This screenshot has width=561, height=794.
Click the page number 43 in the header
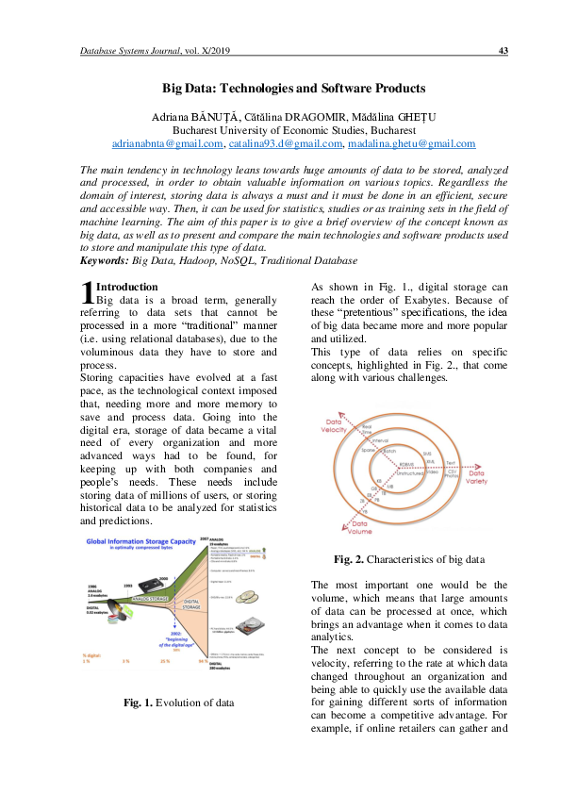503,50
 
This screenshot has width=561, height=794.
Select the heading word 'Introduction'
128,287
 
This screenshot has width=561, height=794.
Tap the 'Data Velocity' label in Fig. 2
336,425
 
